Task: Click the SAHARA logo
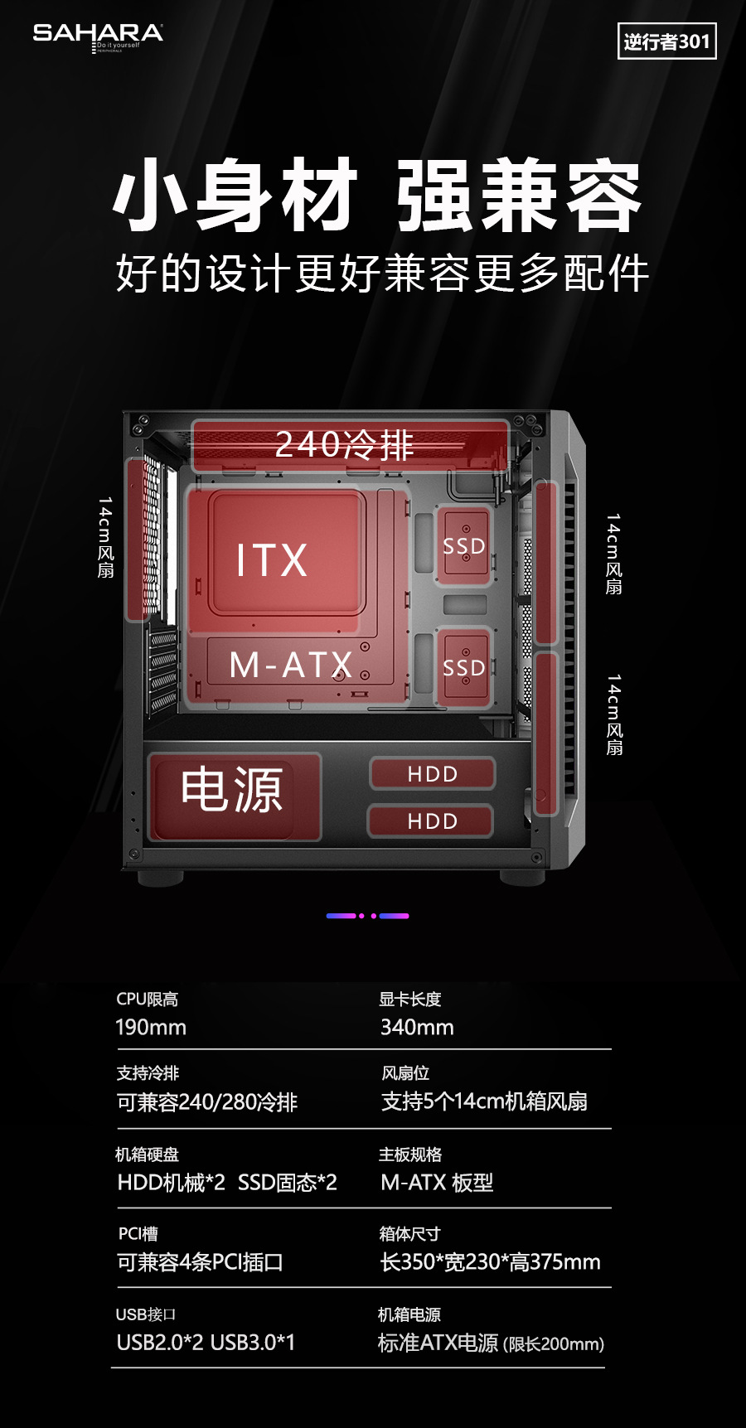[x=98, y=35]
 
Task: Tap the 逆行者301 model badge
[x=666, y=41]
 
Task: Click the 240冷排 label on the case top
[x=344, y=445]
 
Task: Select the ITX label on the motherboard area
[x=272, y=560]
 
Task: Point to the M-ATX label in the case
[x=290, y=665]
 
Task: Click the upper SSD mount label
[x=463, y=546]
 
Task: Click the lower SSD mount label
[x=463, y=667]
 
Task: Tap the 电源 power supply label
[x=232, y=790]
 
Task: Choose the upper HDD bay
[x=432, y=774]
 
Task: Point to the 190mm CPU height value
[x=151, y=1028]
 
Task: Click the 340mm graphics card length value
[x=417, y=1028]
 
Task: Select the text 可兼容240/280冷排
[x=207, y=1102]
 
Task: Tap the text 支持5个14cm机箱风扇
[x=484, y=1101]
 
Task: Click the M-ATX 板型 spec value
[x=437, y=1183]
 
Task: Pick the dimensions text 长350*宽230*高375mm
[x=490, y=1262]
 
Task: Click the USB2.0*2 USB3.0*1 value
[x=206, y=1343]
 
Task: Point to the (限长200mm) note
[x=554, y=1344]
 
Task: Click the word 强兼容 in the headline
[x=519, y=196]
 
